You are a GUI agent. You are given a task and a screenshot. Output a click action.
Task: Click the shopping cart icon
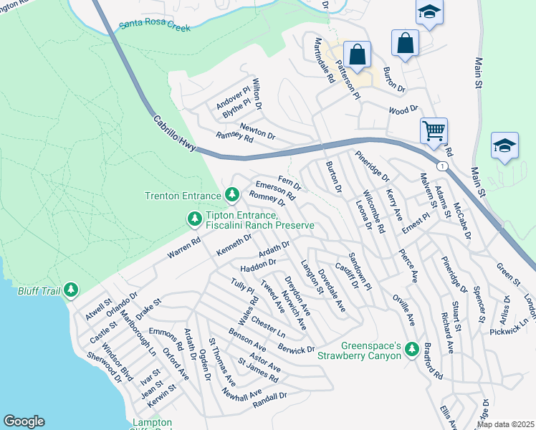point(434,131)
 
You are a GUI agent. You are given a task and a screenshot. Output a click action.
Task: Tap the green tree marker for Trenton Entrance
point(231,194)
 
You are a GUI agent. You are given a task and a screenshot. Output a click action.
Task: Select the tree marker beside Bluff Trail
point(70,290)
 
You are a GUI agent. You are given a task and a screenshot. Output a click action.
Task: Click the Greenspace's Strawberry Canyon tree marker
point(411,349)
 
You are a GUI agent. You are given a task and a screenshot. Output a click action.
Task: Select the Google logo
point(24,421)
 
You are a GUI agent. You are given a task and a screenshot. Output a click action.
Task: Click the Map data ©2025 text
point(505,424)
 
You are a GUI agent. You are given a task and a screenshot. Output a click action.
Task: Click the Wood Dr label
point(403,110)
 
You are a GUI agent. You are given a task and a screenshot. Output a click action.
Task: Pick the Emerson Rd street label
point(275,188)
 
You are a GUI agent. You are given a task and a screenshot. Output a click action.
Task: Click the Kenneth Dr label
point(234,245)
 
